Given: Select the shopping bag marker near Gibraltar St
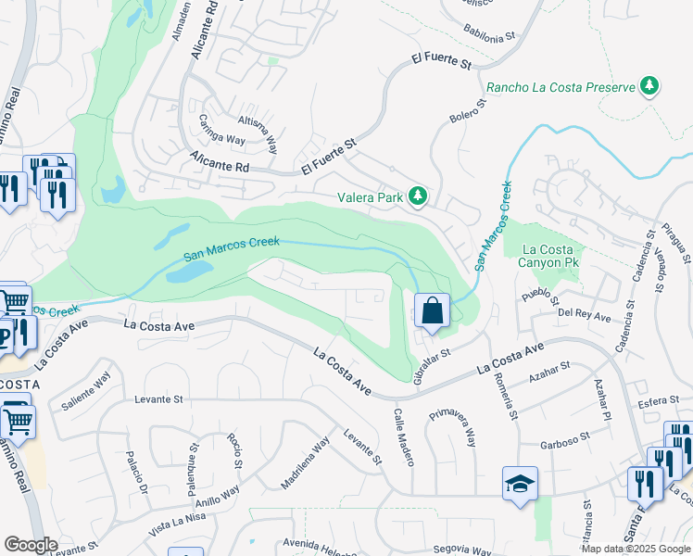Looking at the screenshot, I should coord(433,310).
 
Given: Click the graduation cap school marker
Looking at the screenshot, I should coord(520,483).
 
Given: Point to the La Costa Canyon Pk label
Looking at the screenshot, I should coord(553,256).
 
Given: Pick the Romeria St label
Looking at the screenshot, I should coord(502,388).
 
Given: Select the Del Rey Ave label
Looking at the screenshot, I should coord(585,316).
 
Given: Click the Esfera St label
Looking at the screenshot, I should coord(660,403).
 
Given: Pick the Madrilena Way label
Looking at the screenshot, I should coord(306,462).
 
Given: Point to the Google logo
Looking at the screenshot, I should coord(31,545).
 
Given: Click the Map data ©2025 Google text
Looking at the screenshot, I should coord(635,549).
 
